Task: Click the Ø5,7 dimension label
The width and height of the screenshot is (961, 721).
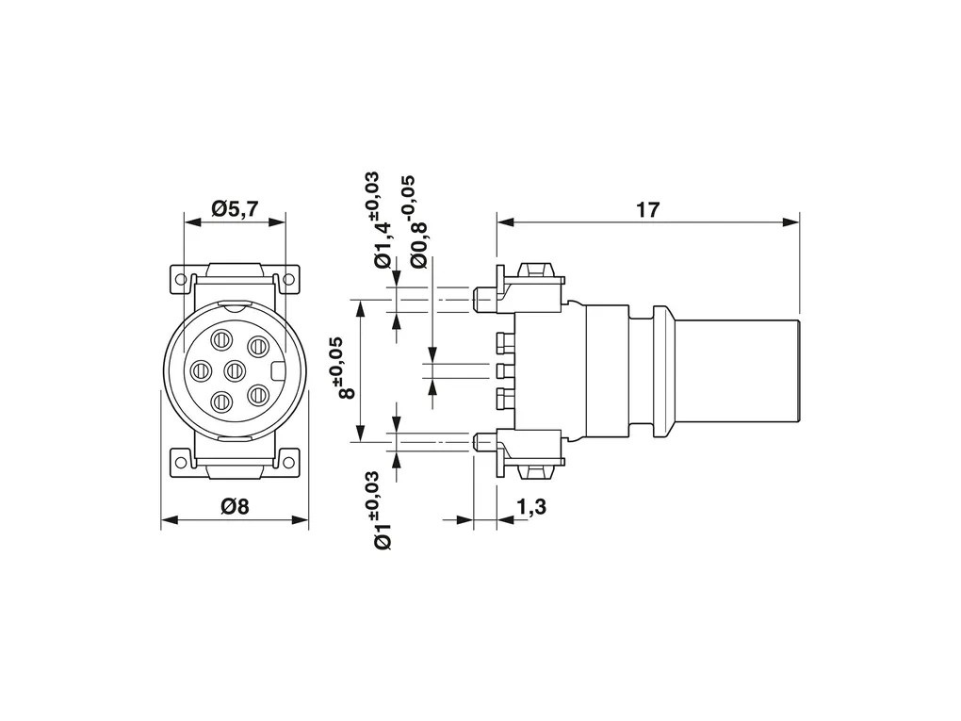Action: tap(236, 209)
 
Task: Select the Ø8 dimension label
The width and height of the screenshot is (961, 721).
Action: tap(236, 507)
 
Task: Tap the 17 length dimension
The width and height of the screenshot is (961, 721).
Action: tap(648, 210)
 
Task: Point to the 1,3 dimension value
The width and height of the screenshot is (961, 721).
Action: tap(530, 507)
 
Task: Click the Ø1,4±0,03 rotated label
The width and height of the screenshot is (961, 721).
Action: tap(381, 221)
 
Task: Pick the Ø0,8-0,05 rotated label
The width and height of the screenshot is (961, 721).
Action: tap(416, 221)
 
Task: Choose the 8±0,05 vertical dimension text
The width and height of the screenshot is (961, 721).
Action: tap(347, 368)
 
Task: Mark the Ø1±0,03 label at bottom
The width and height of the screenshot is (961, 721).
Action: tap(381, 511)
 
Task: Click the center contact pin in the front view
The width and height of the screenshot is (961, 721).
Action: tap(236, 369)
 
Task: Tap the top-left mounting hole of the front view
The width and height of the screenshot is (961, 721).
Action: tap(181, 279)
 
